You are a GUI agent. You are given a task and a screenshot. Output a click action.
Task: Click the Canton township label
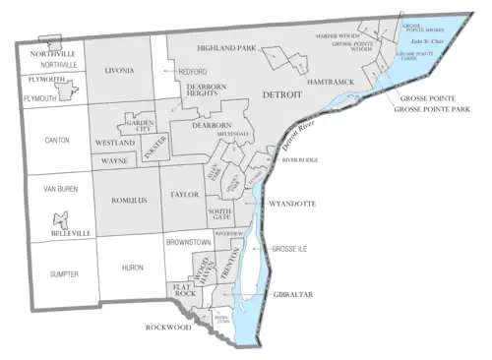pos(57,141)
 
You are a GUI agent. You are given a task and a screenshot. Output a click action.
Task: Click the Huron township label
pos(132,267)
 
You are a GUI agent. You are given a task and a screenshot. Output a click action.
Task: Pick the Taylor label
pos(185,196)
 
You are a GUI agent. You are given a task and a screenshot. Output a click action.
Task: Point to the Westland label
pos(115,143)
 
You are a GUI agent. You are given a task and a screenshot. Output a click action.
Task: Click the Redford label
pos(192,73)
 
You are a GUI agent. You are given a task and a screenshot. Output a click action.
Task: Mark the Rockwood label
pos(164,328)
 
